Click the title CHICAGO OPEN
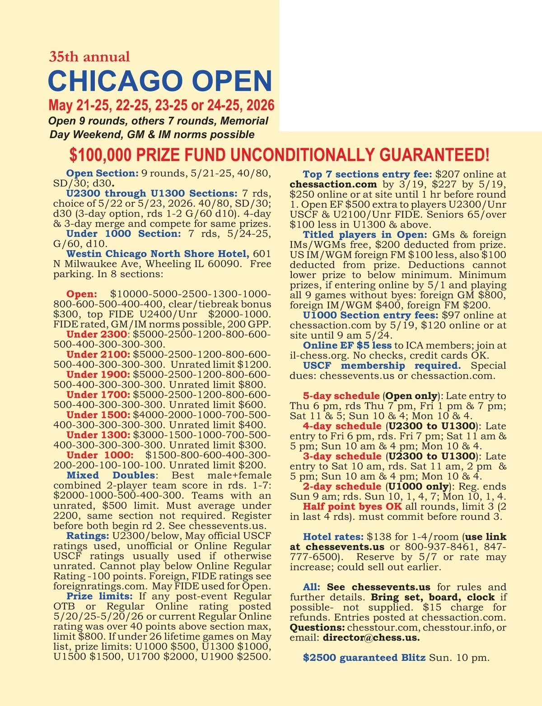point(160,81)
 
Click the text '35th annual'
point(89,57)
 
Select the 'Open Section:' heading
point(102,173)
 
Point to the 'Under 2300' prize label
point(96,334)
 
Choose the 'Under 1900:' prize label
point(98,375)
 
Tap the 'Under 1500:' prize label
point(98,415)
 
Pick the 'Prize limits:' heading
point(99,596)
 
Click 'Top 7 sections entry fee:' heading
point(367,174)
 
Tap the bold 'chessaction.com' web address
point(333,184)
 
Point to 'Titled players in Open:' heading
point(364,235)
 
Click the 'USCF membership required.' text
point(382,366)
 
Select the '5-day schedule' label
point(341,396)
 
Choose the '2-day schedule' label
point(342,487)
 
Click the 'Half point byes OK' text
point(352,506)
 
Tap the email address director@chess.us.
point(371,638)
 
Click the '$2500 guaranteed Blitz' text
point(364,658)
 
